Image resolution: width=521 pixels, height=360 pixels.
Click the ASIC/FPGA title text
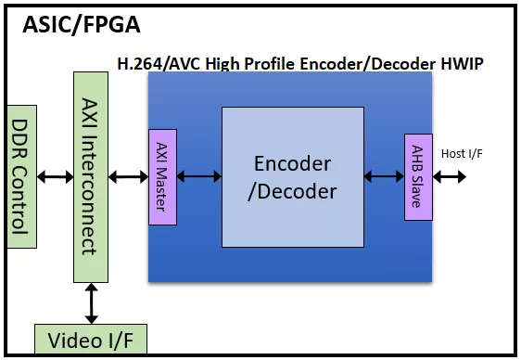pos(82,25)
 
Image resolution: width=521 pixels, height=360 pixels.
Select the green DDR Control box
pos(22,176)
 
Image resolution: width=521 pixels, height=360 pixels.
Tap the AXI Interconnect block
pos(91,177)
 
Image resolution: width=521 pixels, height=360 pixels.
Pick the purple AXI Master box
pos(162,177)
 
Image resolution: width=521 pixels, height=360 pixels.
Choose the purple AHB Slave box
pos(418,177)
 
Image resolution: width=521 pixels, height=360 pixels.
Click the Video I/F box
pos(91,339)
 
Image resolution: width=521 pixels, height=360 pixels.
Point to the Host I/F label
pos(462,154)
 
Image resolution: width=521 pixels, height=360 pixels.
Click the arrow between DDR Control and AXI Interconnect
pos(55,177)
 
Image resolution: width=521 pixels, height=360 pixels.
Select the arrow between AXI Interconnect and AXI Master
pos(128,177)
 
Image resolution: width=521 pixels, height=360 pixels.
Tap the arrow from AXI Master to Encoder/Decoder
pos(199,176)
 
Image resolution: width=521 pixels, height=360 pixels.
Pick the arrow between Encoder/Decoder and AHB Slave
pos(384,176)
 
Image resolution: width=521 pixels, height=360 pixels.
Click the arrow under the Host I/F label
pos(450,177)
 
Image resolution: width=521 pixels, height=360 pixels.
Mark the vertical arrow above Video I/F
pos(91,303)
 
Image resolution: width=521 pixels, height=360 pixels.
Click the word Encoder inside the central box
pos(292,163)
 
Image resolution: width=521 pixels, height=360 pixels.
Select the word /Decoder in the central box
pos(292,192)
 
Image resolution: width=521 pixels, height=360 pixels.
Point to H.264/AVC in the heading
pos(159,64)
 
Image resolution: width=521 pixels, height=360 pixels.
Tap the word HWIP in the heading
pos(462,64)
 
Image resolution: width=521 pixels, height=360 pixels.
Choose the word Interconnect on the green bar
pos(90,195)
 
